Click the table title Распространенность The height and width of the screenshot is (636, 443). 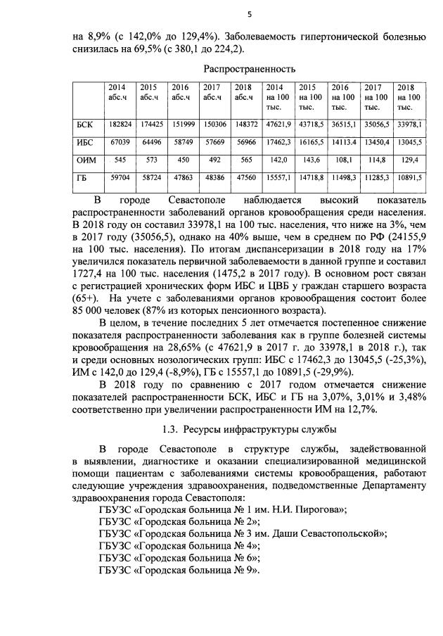click(245, 69)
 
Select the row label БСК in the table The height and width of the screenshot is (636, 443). click(84, 124)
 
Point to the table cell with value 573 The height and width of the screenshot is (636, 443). click(149, 160)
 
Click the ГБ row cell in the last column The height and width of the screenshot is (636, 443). click(409, 179)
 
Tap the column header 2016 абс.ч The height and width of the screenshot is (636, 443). click(181, 92)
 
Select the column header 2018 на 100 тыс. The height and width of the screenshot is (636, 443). click(409, 97)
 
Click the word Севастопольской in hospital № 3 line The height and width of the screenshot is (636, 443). click(343, 533)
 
